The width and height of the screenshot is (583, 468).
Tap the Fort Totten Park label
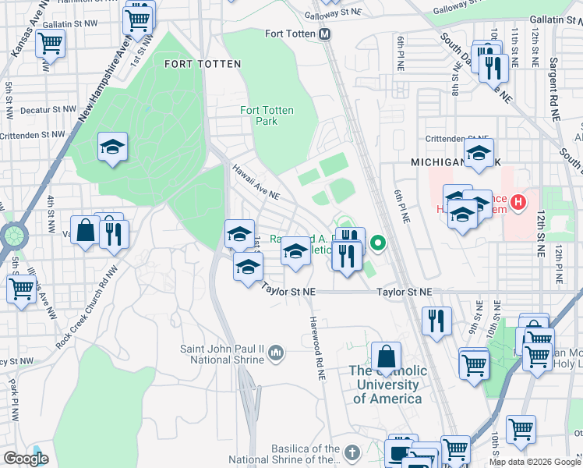pos(267,115)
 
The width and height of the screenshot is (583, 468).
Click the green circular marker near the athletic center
pos(379,244)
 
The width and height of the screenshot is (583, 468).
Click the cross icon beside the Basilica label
pos(352,452)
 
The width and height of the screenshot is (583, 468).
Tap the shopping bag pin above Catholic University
pos(387,357)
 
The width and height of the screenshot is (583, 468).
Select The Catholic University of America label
pos(387,385)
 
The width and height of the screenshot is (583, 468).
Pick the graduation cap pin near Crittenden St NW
pos(113,147)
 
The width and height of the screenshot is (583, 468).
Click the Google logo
pos(26,459)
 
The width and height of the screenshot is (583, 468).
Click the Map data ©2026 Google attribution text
pos(534,462)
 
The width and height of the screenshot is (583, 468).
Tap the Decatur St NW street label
pos(48,111)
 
